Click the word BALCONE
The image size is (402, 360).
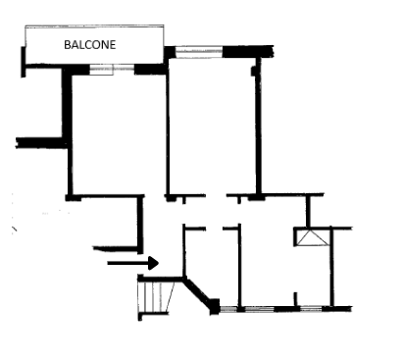pyautogui.click(x=90, y=45)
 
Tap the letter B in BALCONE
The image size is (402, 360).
pyautogui.click(x=68, y=45)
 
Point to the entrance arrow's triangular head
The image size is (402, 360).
pyautogui.click(x=154, y=263)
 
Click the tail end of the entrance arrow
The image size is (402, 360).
pyautogui.click(x=108, y=263)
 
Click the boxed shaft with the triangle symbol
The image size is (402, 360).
pyautogui.click(x=313, y=237)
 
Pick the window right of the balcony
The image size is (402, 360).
pyautogui.click(x=199, y=52)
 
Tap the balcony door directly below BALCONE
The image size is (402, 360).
pyautogui.click(x=112, y=70)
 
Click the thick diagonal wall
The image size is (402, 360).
pyautogui.click(x=197, y=292)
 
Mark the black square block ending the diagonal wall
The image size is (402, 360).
pyautogui.click(x=215, y=307)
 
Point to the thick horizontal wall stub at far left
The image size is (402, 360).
pyautogui.click(x=41, y=143)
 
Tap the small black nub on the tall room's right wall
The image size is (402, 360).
pyautogui.click(x=253, y=71)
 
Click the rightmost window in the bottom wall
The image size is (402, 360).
pyautogui.click(x=311, y=309)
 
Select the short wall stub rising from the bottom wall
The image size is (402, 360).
pyautogui.click(x=296, y=299)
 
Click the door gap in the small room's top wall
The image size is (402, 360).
pyautogui.click(x=214, y=229)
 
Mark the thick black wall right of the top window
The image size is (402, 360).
pyautogui.click(x=248, y=52)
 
